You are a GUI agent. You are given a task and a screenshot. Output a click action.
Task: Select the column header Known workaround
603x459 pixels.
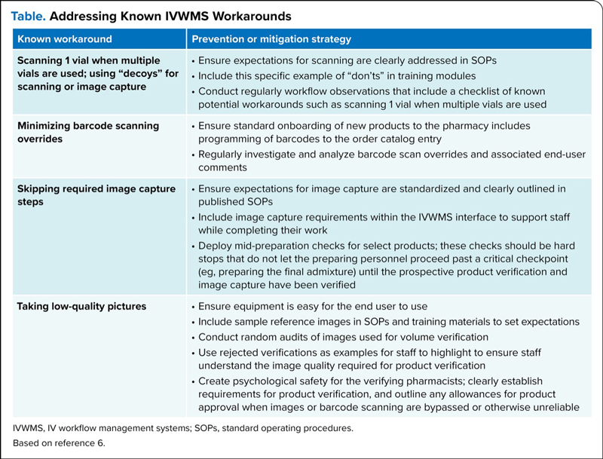[x=64, y=39]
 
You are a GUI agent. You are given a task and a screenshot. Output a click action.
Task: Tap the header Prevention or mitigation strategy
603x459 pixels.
[x=271, y=39]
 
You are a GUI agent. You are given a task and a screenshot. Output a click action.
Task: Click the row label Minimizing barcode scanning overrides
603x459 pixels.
[x=87, y=132]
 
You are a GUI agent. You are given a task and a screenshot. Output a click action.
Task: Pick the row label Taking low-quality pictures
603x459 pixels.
[x=81, y=307]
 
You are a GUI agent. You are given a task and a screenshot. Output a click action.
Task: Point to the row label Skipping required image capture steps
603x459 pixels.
[x=96, y=194]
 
